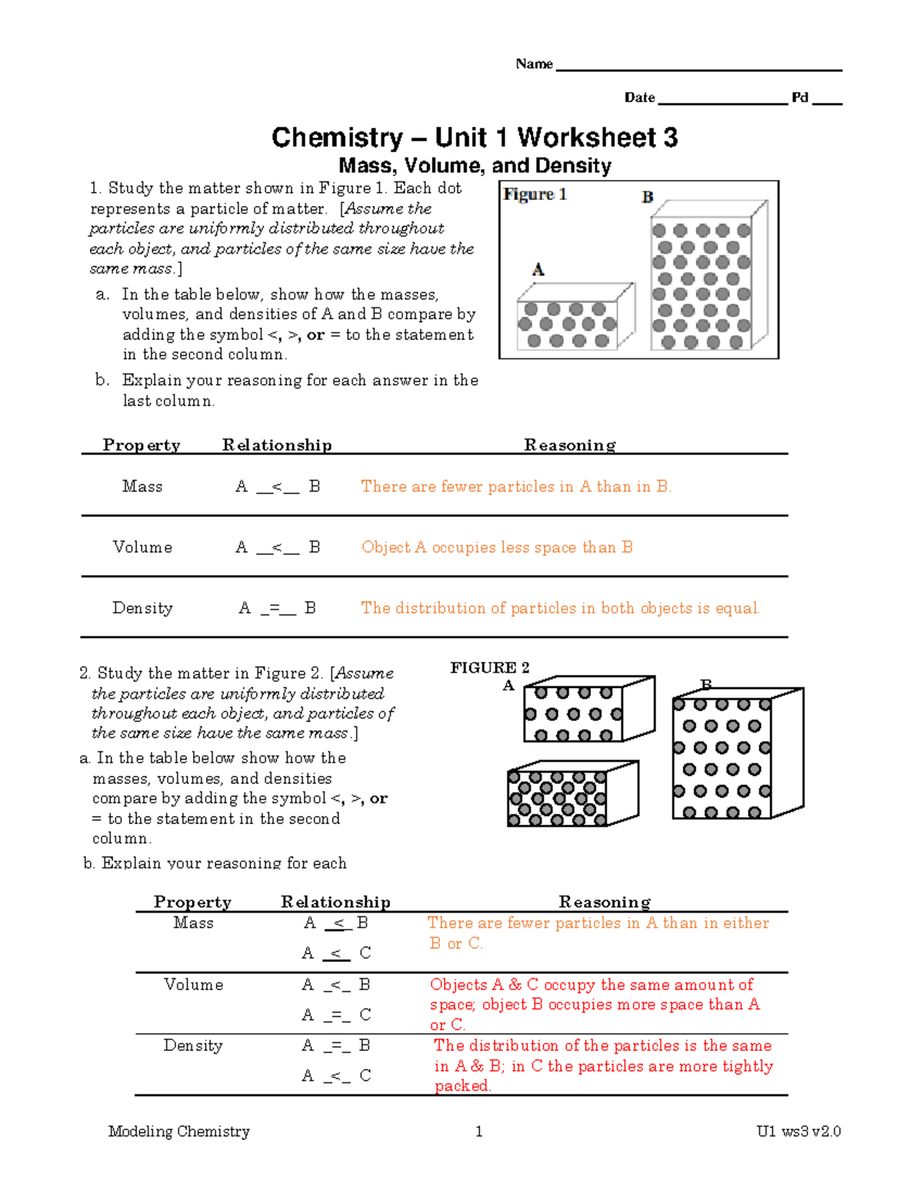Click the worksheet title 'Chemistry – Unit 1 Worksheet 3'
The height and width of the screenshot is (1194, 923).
tap(475, 138)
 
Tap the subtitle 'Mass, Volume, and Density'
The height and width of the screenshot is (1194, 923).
tap(475, 166)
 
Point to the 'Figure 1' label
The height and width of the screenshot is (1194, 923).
tap(535, 195)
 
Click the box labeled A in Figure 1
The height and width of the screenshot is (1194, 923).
tap(573, 319)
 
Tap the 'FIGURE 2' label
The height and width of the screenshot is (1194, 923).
tap(490, 667)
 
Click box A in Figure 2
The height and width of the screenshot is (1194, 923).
tap(587, 710)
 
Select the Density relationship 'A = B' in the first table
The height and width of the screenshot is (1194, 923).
tap(278, 608)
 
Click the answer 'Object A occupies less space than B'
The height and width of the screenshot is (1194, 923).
tap(497, 547)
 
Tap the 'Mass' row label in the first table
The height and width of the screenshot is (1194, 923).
tap(142, 487)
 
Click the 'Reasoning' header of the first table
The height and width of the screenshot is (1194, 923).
tap(570, 445)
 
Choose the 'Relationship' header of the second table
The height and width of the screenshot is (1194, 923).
tap(335, 902)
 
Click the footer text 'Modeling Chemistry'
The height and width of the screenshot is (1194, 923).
tap(179, 1131)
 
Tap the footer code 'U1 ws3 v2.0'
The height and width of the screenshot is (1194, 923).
tap(798, 1131)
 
